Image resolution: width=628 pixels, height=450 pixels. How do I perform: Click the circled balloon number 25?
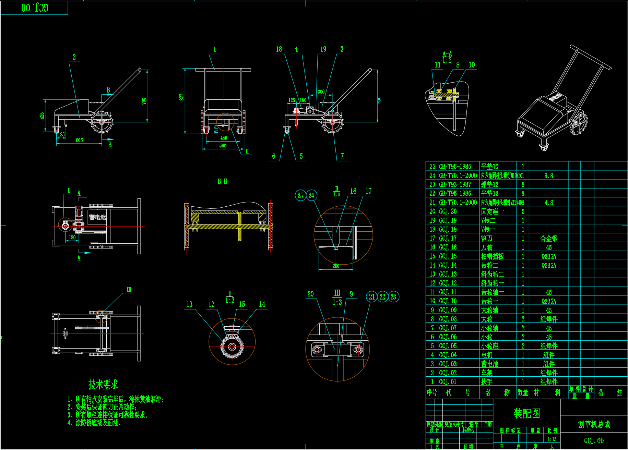click(300, 195)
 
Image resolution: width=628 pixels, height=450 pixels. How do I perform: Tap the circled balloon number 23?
click(393, 297)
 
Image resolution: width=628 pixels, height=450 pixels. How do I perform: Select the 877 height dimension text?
click(182, 97)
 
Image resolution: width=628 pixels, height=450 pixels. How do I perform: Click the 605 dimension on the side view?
click(79, 140)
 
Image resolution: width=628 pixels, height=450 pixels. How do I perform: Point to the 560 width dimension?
click(223, 146)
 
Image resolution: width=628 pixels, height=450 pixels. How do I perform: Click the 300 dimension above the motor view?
click(321, 92)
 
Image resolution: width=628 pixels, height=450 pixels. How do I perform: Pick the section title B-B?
click(222, 181)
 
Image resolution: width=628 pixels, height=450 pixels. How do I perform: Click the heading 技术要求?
click(103, 385)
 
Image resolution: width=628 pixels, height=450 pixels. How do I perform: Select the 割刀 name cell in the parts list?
click(487, 238)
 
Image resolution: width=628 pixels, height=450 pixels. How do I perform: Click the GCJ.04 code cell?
click(448, 355)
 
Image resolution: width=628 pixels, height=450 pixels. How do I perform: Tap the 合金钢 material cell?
click(549, 238)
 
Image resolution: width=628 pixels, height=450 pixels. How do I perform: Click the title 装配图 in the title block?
click(526, 414)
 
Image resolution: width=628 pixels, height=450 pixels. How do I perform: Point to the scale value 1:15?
click(552, 439)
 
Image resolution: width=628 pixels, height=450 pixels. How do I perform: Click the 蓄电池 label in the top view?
click(97, 217)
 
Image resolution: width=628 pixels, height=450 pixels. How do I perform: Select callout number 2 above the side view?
click(74, 57)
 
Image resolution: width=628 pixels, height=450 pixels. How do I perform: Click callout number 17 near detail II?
click(368, 191)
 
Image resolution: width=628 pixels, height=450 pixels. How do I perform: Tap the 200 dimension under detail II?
click(336, 266)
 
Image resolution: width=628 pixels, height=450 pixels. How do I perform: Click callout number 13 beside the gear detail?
click(189, 304)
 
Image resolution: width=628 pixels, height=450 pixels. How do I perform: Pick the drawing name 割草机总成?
click(594, 424)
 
